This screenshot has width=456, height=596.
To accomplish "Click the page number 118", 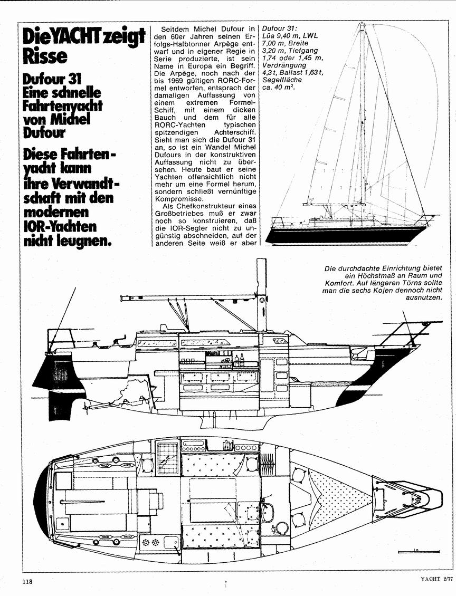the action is [27, 582].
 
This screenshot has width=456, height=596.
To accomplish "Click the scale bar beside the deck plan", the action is [419, 551].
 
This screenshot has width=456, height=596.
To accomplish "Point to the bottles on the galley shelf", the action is [239, 360].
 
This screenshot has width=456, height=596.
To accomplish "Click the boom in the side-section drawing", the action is [189, 296].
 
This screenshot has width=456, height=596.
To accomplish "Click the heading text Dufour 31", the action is [52, 79].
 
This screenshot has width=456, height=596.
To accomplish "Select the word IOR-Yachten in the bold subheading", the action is [60, 226].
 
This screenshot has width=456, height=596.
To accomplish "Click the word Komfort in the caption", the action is [338, 283].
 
